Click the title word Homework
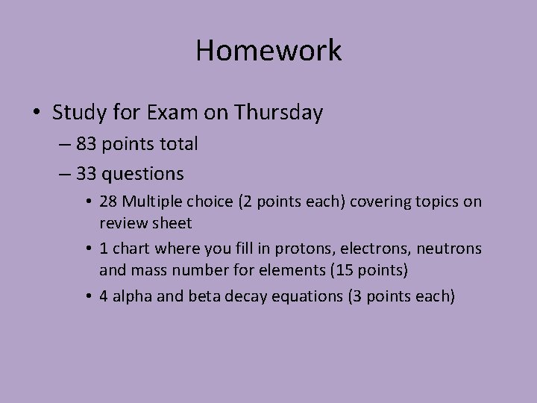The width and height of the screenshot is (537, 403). click(x=268, y=51)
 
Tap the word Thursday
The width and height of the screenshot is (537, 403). click(x=278, y=113)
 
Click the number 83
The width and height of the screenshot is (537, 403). click(x=86, y=144)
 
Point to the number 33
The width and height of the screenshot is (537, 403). click(x=86, y=174)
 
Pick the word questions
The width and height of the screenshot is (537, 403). click(x=142, y=174)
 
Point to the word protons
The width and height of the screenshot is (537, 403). click(x=310, y=248)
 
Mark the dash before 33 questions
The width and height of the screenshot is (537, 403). click(x=62, y=175)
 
